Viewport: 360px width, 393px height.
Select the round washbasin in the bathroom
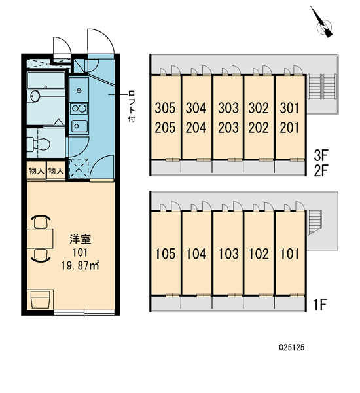coord(35,96)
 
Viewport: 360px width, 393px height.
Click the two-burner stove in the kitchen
coord(79,109)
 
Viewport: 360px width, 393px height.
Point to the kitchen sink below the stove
coord(79,126)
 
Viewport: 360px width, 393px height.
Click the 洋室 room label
coord(80,239)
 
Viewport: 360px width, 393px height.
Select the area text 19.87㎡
coord(80,266)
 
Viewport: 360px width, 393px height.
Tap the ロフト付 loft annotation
coord(132,107)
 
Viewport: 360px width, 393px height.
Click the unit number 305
coord(165,108)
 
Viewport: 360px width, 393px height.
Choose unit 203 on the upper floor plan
coord(228,128)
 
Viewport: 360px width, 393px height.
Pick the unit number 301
coord(289,108)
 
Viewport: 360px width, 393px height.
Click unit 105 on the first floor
coord(165,253)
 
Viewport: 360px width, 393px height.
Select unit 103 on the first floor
coord(228,253)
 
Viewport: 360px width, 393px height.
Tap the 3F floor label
coord(321,156)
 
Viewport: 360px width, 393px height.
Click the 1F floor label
coord(319,305)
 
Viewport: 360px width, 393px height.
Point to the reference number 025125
coord(292,347)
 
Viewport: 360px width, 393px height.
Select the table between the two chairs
coord(40,238)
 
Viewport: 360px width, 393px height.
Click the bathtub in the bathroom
coord(46,80)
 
